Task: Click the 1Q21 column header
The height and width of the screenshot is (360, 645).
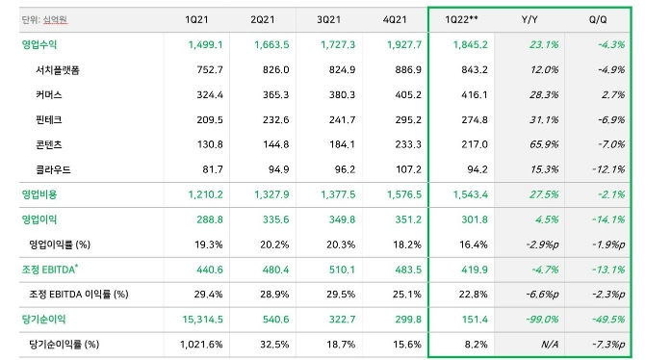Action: tap(196, 19)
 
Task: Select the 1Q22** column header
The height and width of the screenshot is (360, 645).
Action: tap(461, 19)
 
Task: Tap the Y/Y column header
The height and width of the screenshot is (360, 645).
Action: tap(529, 19)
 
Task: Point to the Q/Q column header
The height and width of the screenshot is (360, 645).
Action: tap(598, 19)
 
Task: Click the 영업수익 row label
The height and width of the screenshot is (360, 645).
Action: tap(39, 44)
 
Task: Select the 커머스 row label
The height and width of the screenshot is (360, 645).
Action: tap(49, 94)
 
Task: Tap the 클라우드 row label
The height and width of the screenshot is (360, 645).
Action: tap(53, 169)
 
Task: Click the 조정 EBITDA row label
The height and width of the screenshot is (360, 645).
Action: tap(50, 270)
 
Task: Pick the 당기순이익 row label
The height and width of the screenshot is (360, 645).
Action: tap(43, 320)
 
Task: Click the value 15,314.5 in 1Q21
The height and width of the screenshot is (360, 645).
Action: tap(203, 320)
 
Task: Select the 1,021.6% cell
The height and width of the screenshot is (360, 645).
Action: tap(201, 345)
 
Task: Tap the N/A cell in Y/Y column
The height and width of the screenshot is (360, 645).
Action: tap(550, 345)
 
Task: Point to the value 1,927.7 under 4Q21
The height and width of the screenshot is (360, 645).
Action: tap(404, 44)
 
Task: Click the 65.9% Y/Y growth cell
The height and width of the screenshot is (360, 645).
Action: tap(544, 144)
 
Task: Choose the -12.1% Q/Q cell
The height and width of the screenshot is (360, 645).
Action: tap(608, 169)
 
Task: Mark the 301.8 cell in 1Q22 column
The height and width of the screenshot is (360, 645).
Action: tap(475, 219)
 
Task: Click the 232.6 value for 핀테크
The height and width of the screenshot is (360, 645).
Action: tap(276, 119)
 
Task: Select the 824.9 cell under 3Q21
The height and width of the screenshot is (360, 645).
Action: tap(343, 70)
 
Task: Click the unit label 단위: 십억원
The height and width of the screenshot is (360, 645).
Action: tap(44, 19)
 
